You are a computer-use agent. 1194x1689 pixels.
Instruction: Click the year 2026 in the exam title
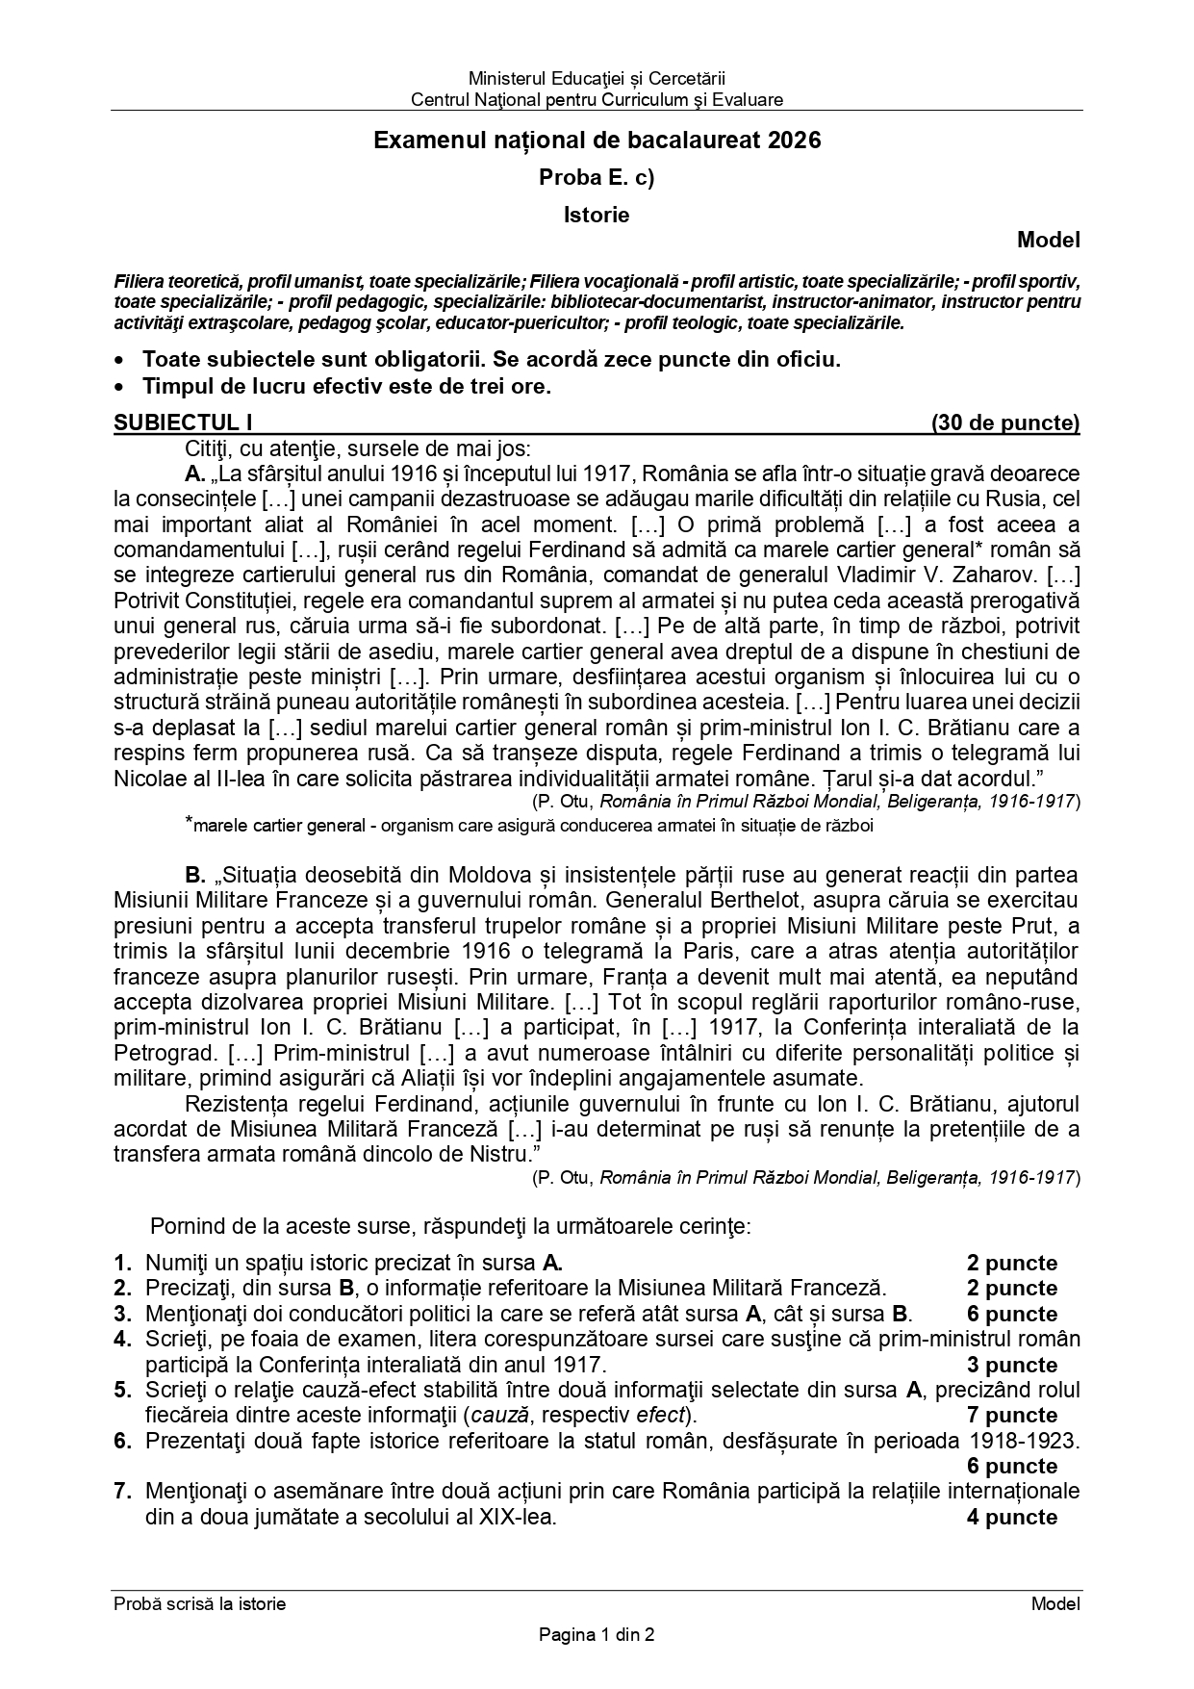coord(795,141)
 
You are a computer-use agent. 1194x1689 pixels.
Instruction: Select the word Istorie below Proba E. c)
coord(597,215)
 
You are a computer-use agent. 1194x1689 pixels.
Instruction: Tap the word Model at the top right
coord(1049,240)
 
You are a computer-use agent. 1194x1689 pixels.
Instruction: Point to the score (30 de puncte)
coord(1004,422)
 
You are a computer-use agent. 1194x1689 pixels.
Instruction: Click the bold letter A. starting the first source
coord(195,473)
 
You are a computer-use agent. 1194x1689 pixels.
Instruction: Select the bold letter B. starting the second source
coord(195,875)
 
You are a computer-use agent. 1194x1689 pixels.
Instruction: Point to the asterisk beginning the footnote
coord(190,822)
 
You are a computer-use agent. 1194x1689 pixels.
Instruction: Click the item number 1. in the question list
coord(122,1263)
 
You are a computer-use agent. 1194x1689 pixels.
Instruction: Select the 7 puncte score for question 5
coord(1011,1415)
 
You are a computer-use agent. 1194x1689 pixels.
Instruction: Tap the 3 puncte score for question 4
coord(1011,1365)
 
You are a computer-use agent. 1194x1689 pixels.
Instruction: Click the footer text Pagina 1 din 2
coord(597,1633)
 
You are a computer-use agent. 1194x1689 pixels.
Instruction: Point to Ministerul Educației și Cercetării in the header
coord(597,77)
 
